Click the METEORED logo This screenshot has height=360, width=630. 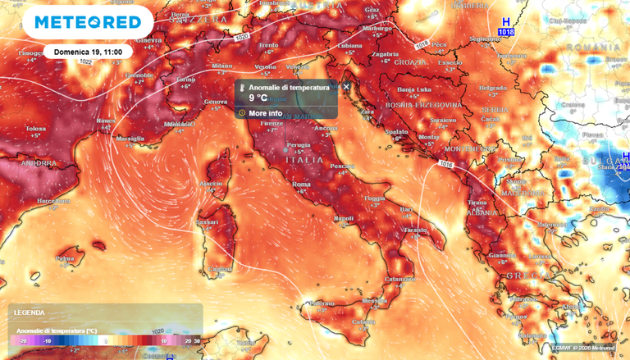[86, 22]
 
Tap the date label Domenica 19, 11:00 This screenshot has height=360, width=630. [88, 51]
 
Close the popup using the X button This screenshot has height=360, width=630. [346, 86]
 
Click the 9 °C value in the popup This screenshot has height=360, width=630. [259, 97]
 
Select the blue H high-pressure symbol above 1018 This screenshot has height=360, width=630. [505, 21]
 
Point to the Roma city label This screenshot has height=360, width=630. [301, 185]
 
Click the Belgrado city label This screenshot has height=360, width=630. [493, 88]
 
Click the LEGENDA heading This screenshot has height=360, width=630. [30, 312]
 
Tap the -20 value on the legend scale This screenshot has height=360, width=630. [22, 339]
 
